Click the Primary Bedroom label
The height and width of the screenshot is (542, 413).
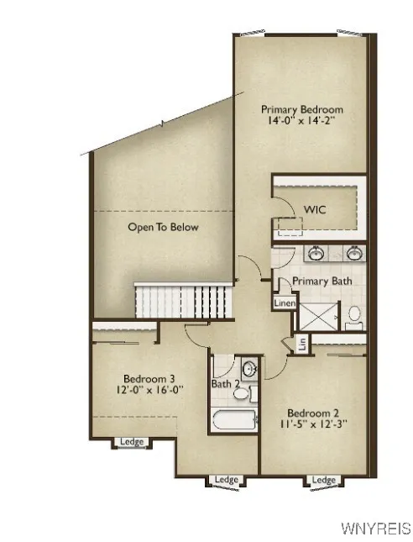pyautogui.click(x=301, y=109)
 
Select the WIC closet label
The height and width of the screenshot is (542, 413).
pyautogui.click(x=315, y=209)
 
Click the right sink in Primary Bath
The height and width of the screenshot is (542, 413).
pyautogui.click(x=354, y=253)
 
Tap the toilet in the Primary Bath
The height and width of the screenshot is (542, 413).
pyautogui.click(x=353, y=315)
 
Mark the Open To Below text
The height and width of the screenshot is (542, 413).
pyautogui.click(x=163, y=227)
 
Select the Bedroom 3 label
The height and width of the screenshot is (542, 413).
pyautogui.click(x=149, y=378)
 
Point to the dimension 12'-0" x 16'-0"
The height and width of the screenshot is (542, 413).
pyautogui.click(x=149, y=391)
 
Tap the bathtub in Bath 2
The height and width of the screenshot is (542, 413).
pyautogui.click(x=233, y=418)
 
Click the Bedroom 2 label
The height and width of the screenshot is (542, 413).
pyautogui.click(x=313, y=413)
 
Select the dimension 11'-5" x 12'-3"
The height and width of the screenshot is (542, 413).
pyautogui.click(x=313, y=425)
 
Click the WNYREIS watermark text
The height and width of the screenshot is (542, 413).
pyautogui.click(x=375, y=529)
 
